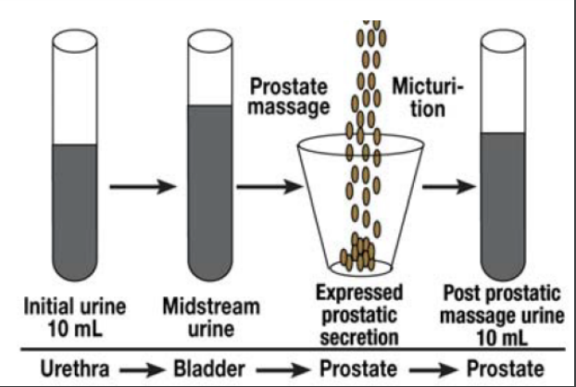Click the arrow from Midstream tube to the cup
(271, 189)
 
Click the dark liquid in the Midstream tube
(210, 185)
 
